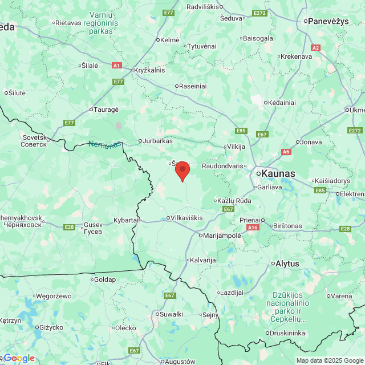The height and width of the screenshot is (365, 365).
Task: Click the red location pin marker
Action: [x=182, y=171]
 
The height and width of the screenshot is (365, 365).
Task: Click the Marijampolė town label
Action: [x=222, y=235]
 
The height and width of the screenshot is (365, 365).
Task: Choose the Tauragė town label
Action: [x=106, y=109]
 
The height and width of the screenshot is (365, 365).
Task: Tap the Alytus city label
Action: [x=287, y=263]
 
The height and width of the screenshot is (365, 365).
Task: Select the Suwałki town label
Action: [x=171, y=314]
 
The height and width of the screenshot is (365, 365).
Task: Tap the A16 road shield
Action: [x=253, y=227]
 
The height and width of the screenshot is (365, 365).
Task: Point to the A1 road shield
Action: [x=116, y=66]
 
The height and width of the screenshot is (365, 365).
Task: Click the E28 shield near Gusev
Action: [x=69, y=227]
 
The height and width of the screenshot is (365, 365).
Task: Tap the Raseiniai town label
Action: [x=193, y=87]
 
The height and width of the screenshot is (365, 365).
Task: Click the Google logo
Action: [x=18, y=358]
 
